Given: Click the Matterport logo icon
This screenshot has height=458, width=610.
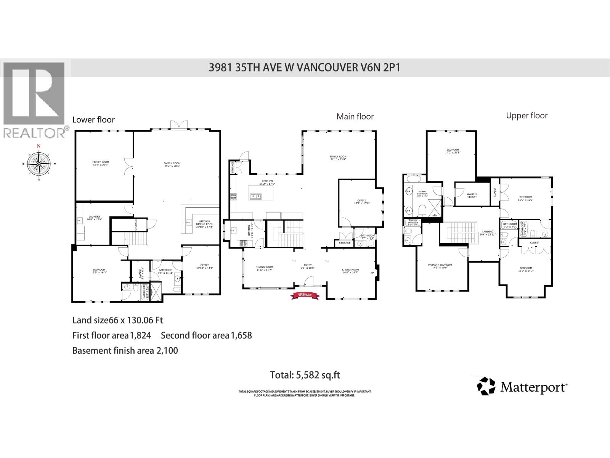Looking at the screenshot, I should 486,386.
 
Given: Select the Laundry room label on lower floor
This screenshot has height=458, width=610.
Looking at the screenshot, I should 93,218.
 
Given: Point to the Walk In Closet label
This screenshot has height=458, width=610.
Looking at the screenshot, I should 472,195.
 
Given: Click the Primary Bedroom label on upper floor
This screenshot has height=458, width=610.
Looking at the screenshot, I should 440,266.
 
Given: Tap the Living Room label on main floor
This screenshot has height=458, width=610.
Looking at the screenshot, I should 350,271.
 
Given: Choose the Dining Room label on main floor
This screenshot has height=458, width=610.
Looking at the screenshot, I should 264,269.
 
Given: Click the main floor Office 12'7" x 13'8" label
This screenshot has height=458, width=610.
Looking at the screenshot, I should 361,202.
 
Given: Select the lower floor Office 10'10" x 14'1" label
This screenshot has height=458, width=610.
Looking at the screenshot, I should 205,266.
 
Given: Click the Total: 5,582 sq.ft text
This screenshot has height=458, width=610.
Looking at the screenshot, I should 305,375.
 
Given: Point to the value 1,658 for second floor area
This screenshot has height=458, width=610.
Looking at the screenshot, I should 241,335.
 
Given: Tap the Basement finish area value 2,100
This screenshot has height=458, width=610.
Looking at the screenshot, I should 167,350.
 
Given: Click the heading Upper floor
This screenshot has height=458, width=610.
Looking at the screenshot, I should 527,116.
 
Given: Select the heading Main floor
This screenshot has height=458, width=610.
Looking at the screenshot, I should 355,116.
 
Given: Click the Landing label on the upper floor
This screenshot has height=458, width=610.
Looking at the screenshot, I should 488,233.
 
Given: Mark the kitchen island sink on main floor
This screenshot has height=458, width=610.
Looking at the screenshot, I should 255,196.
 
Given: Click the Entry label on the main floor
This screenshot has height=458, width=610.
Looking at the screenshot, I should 308,266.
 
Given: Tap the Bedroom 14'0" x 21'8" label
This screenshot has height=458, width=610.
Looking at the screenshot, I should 453,151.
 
